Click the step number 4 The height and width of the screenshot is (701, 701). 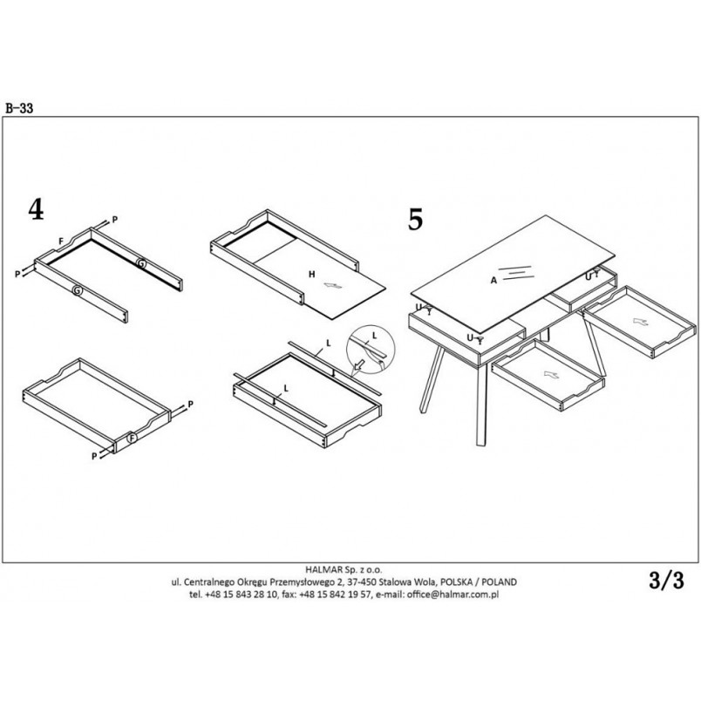coord(37,209)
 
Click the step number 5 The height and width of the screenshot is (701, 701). coord(415,219)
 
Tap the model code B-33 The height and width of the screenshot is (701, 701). coord(19,108)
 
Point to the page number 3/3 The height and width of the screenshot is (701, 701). coord(667,581)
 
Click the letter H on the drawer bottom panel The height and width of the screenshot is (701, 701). coord(311,274)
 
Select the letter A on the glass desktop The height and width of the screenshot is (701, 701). coord(493,280)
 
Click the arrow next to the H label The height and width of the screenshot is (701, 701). coord(332,286)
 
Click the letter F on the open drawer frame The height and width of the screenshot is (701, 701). coord(61,242)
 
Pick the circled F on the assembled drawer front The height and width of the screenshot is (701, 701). coord(132,439)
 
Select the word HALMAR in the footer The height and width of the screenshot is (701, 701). coord(324,570)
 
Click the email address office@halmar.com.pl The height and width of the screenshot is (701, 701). coord(453,595)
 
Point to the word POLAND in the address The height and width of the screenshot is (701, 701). coord(500,582)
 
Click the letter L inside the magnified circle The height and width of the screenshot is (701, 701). coord(374,336)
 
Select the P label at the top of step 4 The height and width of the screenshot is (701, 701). coord(114,220)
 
